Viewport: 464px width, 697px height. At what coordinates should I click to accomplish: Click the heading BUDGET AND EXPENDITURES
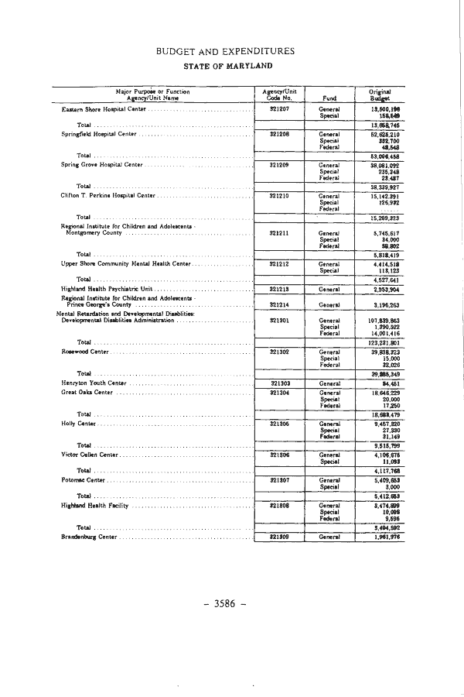[x=225, y=51]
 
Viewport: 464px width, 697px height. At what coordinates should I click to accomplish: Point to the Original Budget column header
[x=379, y=95]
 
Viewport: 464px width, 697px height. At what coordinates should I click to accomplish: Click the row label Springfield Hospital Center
[x=99, y=134]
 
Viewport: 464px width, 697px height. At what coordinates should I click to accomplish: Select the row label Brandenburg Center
[x=89, y=537]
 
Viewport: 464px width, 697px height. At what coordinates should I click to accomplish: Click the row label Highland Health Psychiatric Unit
[x=101, y=289]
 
